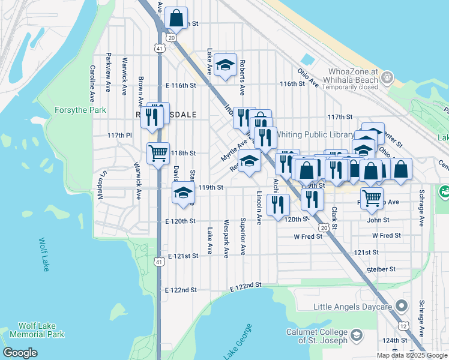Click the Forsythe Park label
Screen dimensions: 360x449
(x=80, y=110)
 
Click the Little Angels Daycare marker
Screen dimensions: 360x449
(x=402, y=307)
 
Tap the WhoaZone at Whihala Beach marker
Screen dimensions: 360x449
(x=387, y=77)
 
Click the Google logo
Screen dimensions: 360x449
(x=20, y=353)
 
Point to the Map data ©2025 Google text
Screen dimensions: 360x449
(x=411, y=355)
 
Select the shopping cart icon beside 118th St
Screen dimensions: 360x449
(x=158, y=153)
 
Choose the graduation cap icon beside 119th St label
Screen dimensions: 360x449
(x=183, y=192)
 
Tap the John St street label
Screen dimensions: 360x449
(x=378, y=220)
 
